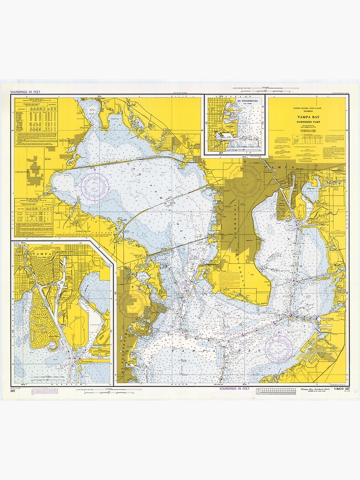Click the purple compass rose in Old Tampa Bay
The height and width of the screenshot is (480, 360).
point(95,186)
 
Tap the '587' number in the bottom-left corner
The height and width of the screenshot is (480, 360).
point(13,392)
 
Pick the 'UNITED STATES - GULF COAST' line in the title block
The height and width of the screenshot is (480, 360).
point(305,109)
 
